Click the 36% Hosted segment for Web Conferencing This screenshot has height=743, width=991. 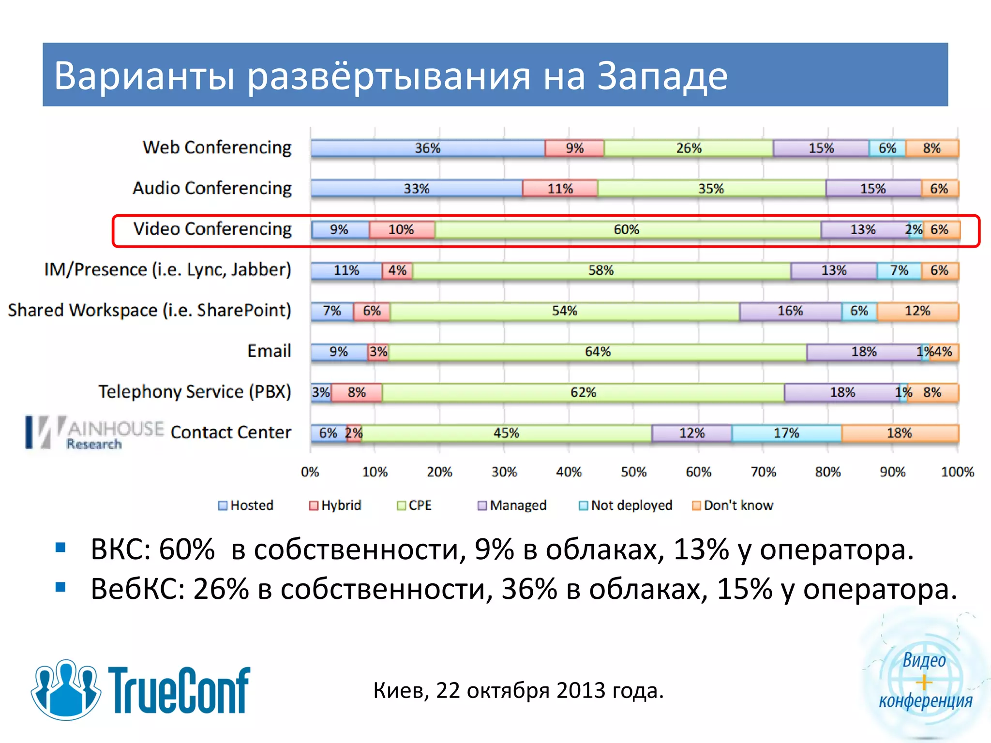428,148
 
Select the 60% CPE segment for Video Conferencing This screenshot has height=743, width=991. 627,229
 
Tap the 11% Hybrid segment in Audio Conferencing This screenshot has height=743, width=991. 560,189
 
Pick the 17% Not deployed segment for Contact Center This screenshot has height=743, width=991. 786,433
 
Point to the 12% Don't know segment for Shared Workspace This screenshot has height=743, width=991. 917,311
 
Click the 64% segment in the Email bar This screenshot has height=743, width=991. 598,352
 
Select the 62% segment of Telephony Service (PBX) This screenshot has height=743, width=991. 583,392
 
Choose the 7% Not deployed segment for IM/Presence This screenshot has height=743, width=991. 899,270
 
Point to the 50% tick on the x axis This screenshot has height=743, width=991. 633,472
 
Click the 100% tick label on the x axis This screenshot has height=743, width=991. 957,472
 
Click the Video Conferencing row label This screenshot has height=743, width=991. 212,229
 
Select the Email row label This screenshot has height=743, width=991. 269,351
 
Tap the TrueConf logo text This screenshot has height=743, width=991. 179,691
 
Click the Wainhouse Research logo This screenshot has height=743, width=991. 94,432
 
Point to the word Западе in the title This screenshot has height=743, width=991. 662,76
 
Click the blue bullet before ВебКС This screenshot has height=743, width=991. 60,587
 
